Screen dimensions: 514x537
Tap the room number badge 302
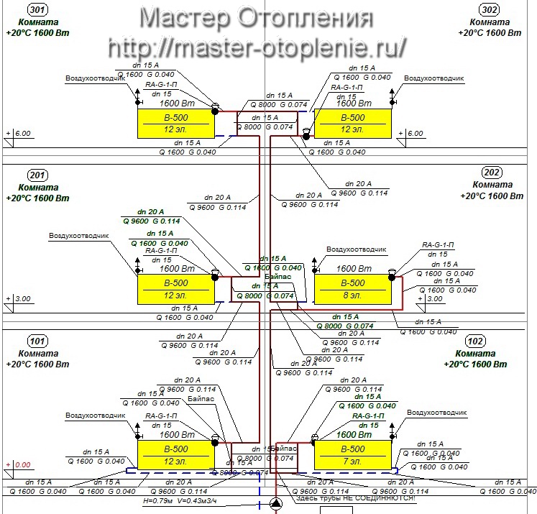490,10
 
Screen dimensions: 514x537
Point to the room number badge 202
492,173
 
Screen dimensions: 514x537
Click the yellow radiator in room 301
175,123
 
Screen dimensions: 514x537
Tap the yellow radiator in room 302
352,123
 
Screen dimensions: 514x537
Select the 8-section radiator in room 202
352,288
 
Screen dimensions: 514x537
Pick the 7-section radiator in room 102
352,454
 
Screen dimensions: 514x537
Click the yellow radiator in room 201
175,288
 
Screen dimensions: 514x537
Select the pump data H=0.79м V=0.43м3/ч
180,500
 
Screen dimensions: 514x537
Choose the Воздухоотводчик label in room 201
78,235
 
